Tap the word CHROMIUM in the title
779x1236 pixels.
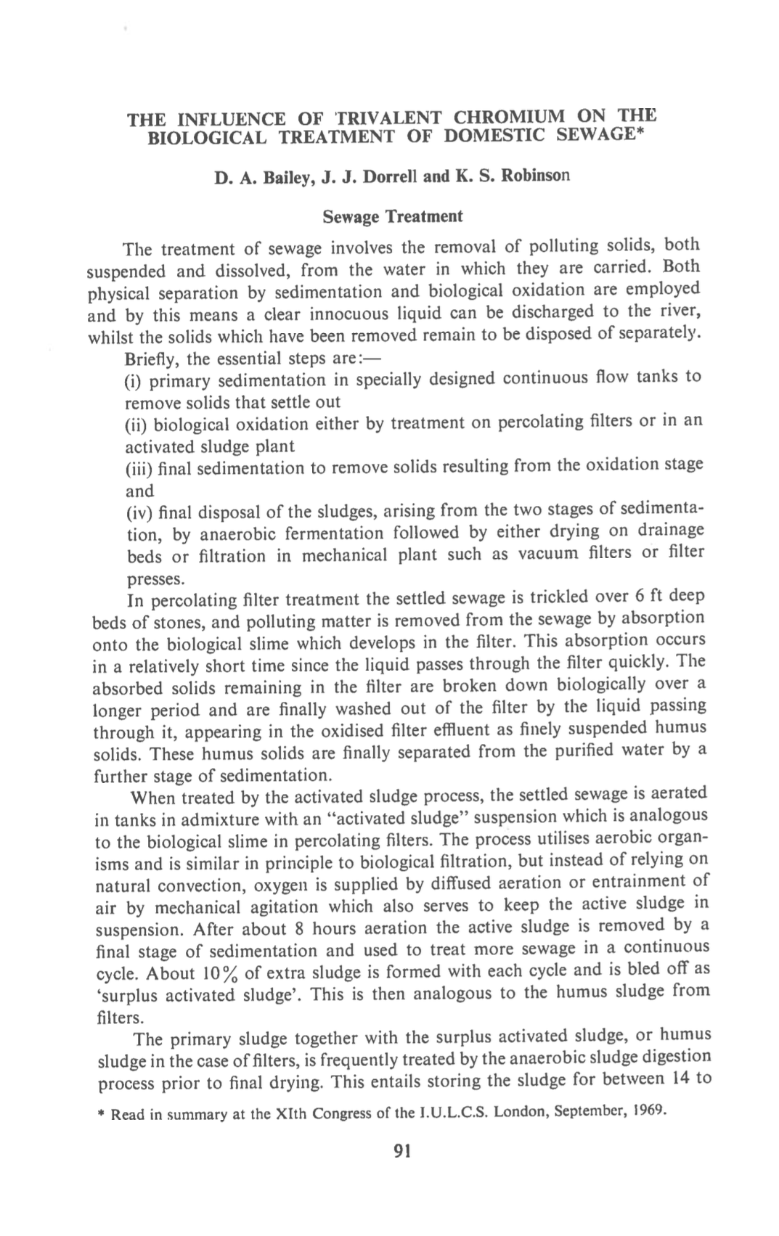(509, 116)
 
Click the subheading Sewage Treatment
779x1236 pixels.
(392, 217)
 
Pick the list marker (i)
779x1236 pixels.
(134, 380)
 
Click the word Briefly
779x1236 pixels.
(152, 359)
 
